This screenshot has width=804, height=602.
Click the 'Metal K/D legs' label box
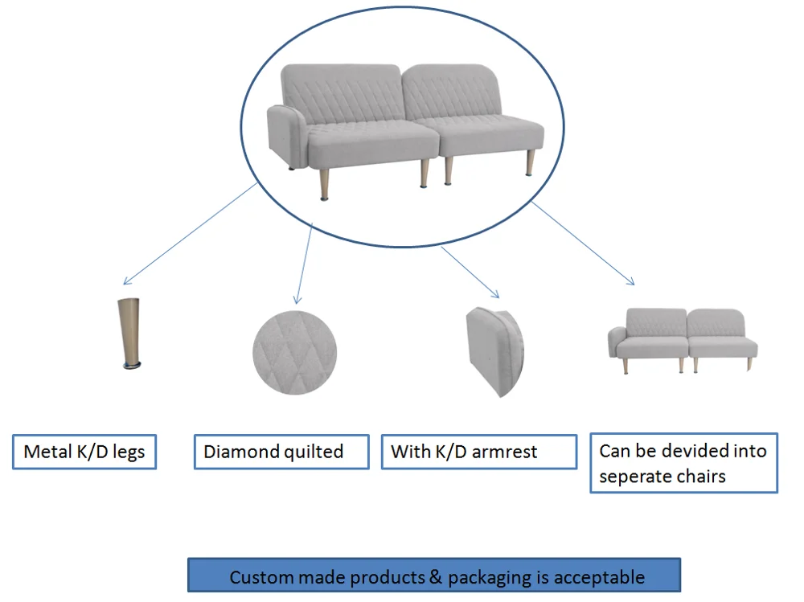(84, 452)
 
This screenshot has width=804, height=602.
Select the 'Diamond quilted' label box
(281, 452)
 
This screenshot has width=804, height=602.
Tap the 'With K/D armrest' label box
(478, 452)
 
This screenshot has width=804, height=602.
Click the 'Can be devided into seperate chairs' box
(683, 463)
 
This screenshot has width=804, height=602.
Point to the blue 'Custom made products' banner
(434, 576)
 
